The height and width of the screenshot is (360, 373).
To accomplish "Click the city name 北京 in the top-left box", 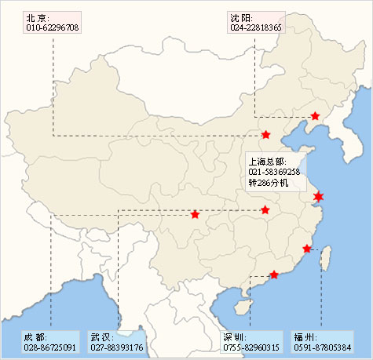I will coord(36,17).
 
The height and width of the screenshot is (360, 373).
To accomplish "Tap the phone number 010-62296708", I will coord(52,27).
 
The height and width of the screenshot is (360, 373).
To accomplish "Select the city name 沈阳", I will coord(240,17).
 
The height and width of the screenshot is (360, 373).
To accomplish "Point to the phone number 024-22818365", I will coord(256,27).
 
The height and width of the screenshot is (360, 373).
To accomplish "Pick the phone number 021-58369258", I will coord(274,172).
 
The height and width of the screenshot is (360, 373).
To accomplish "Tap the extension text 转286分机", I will coord(269,183).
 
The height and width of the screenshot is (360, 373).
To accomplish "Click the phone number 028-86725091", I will coord(49,347).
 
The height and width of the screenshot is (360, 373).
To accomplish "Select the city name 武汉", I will coord(101,336).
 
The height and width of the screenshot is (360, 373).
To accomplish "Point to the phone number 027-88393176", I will coord(116,347).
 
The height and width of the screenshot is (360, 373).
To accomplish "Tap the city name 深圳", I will coord(235,336).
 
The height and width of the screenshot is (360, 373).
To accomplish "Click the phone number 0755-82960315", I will coord(251,347).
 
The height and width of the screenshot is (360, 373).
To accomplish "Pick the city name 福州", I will coord(305,336).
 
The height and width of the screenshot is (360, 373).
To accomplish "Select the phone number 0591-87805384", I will coord(322,347).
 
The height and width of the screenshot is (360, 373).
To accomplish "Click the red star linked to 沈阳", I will coord(315,116).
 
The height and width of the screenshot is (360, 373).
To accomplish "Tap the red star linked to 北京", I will coord(266,135).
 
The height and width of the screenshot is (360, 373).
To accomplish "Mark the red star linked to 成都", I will coord(195,214).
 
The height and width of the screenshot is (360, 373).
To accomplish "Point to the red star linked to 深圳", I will coord(273,275).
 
